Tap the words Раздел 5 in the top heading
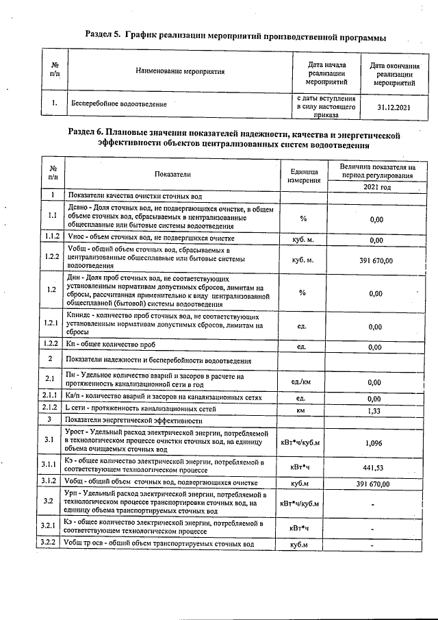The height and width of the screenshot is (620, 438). click(107, 34)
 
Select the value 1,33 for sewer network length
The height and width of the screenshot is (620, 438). click(375, 411)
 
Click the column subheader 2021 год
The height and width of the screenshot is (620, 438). click(377, 187)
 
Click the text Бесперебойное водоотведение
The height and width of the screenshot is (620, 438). click(118, 104)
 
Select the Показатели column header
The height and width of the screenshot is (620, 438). click(172, 175)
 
